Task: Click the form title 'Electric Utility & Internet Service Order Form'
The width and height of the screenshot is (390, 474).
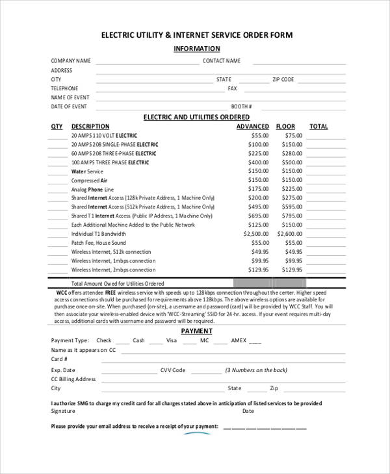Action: tap(196, 34)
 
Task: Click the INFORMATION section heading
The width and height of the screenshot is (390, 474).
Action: tap(196, 49)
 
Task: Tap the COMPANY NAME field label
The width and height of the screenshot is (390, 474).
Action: tap(71, 61)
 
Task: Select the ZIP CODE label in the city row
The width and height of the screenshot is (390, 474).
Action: tap(283, 79)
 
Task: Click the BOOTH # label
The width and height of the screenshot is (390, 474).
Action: tap(241, 106)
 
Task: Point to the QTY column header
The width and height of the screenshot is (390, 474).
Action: tap(57, 127)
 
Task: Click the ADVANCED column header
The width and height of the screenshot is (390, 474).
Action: tap(252, 127)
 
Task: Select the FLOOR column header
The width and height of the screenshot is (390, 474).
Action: tap(285, 127)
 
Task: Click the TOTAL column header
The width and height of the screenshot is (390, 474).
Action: tap(318, 127)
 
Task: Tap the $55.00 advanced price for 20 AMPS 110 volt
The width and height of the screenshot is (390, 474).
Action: tap(260, 135)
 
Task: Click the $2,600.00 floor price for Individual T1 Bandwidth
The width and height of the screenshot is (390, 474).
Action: tap(290, 234)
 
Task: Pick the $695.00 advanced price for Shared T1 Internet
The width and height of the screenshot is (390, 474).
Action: tap(258, 216)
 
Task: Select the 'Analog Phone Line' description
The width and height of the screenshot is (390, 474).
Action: tap(92, 189)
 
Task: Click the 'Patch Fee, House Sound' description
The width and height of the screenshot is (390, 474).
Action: tap(98, 242)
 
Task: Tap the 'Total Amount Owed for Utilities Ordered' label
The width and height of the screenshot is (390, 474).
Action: tap(118, 284)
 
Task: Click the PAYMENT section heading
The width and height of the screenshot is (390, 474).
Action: tap(196, 331)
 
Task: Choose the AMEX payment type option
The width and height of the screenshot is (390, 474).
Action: tap(239, 340)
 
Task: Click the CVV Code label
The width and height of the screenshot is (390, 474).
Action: tap(173, 370)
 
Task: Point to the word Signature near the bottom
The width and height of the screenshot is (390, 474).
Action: tap(63, 411)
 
